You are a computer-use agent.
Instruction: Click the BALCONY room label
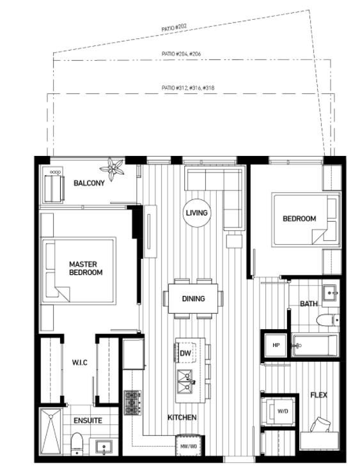[x=89, y=183]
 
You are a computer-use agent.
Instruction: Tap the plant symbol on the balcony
[x=113, y=169]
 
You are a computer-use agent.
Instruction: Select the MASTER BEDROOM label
[x=86, y=268]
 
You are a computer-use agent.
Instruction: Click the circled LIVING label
[x=197, y=213]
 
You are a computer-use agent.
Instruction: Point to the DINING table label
[x=194, y=299]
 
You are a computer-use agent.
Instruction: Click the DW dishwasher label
[x=185, y=353]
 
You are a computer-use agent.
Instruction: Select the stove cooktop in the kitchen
[x=132, y=402]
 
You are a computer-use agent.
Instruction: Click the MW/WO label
[x=189, y=446]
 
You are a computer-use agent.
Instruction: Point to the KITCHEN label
[x=182, y=417]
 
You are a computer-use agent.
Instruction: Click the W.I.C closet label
[x=80, y=362]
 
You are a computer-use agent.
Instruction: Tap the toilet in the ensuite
[x=77, y=443]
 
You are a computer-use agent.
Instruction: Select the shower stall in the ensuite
[x=51, y=431]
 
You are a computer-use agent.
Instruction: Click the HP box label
[x=276, y=345]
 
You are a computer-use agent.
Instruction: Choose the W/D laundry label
[x=283, y=411]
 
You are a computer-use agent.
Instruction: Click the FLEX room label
[x=318, y=395]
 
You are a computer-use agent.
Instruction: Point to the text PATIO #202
[x=174, y=27]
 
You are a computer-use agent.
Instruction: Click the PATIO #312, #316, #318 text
[x=188, y=88]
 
